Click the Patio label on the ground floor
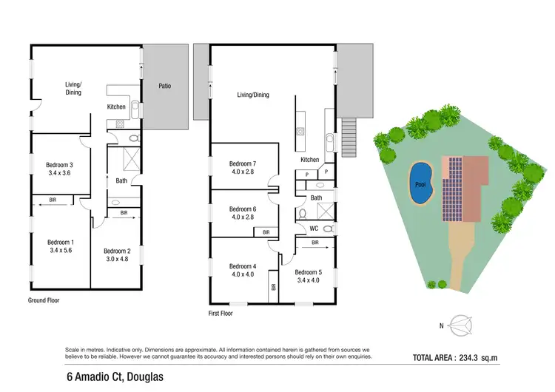click(x=164, y=86)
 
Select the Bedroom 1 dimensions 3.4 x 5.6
click(x=60, y=251)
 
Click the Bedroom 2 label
click(x=116, y=251)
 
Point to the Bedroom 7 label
click(x=242, y=163)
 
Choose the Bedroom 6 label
click(x=242, y=209)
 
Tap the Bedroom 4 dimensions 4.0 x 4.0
click(x=242, y=275)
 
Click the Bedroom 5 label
click(x=310, y=270)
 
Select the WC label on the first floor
click(x=314, y=228)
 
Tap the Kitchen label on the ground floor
click(x=116, y=107)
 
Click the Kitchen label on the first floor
click(x=309, y=160)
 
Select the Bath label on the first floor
click(x=316, y=197)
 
